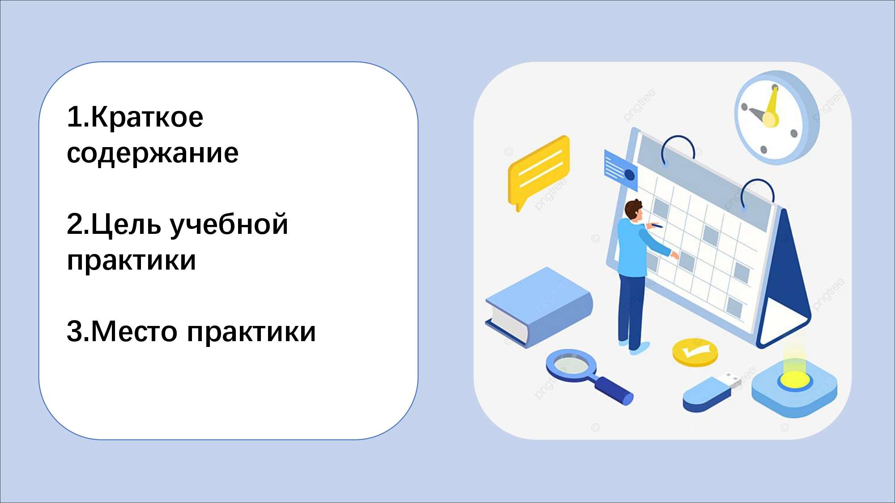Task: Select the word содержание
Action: click(153, 153)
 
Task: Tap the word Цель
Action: click(126, 225)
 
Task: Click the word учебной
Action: click(230, 224)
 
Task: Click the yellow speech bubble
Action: click(539, 172)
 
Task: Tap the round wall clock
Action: click(777, 118)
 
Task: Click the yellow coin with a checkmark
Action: click(695, 352)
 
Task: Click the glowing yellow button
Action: click(795, 380)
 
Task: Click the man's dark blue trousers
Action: click(631, 311)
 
